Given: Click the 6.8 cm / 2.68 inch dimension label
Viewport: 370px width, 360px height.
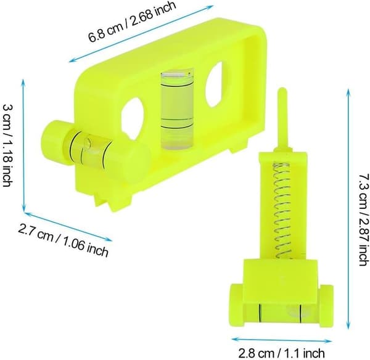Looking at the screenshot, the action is (x=132, y=22).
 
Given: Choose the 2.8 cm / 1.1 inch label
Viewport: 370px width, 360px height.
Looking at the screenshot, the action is (x=282, y=353).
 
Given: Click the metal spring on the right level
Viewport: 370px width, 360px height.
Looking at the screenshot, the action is (x=282, y=211).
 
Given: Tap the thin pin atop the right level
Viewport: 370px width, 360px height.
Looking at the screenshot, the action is (x=282, y=120).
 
